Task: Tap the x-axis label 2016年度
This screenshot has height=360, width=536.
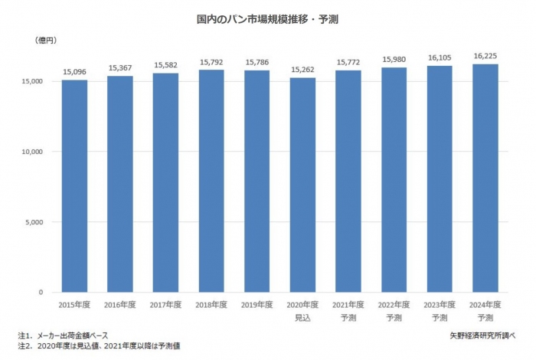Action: point(119,304)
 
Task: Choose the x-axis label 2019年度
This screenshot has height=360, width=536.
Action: point(257,304)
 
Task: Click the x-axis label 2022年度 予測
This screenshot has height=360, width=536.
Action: point(394,310)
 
